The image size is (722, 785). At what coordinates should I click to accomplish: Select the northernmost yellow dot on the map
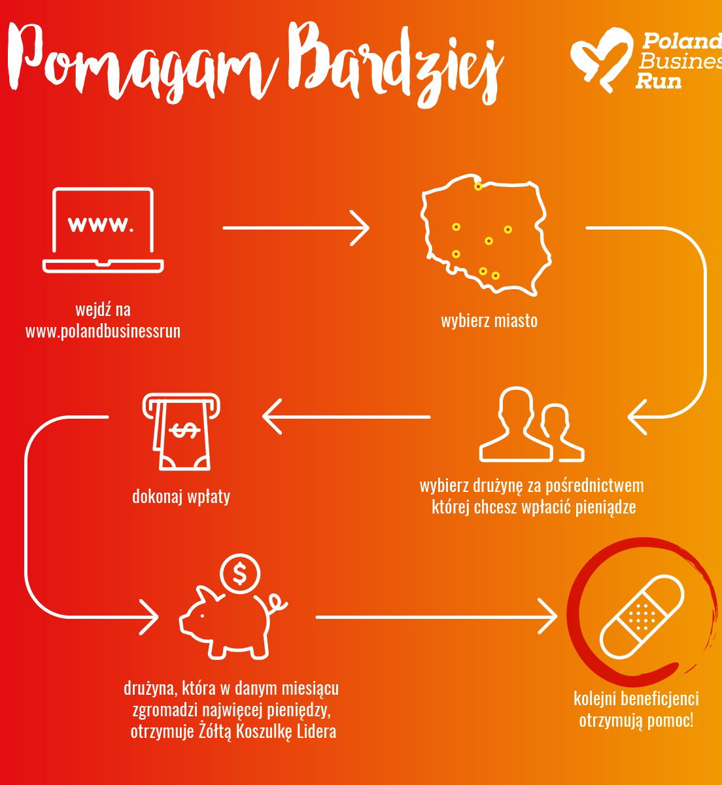pos(478,186)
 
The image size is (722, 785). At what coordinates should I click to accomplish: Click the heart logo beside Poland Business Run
pos(601,59)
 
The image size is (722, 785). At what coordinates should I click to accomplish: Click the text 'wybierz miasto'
pos(489,321)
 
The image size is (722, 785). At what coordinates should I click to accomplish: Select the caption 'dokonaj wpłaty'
pos(181,497)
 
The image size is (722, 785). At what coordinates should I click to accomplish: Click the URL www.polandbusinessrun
pos(103,331)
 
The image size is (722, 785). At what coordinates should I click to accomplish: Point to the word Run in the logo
pos(658,81)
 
